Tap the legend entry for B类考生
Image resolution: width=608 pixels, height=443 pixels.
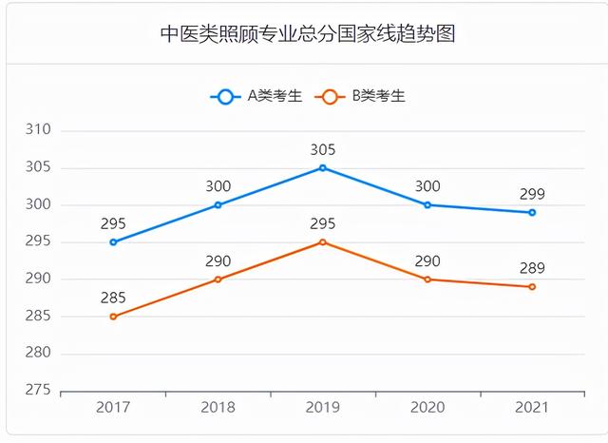click(364, 96)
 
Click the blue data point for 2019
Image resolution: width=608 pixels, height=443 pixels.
click(323, 168)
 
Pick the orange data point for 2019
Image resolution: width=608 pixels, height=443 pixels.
click(323, 242)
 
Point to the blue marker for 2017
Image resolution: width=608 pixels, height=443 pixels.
click(113, 242)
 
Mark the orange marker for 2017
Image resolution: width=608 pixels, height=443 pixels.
click(113, 317)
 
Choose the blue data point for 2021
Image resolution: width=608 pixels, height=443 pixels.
click(532, 213)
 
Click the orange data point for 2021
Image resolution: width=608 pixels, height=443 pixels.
click(532, 287)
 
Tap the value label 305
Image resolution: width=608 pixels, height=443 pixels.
click(323, 149)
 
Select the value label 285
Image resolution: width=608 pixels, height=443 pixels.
click(113, 298)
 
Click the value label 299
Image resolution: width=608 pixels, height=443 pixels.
click(532, 194)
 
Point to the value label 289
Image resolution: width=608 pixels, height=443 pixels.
click(532, 268)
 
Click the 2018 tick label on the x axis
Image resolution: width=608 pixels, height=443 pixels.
click(218, 408)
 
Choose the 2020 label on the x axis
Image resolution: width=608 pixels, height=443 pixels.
click(427, 408)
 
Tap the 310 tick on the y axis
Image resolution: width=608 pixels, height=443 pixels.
click(38, 130)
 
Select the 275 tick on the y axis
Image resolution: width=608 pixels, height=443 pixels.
click(38, 391)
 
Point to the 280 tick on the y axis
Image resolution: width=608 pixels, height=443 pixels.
click(38, 354)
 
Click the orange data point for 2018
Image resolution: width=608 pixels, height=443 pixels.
click(218, 279)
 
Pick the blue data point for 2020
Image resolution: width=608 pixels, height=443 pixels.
click(427, 205)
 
